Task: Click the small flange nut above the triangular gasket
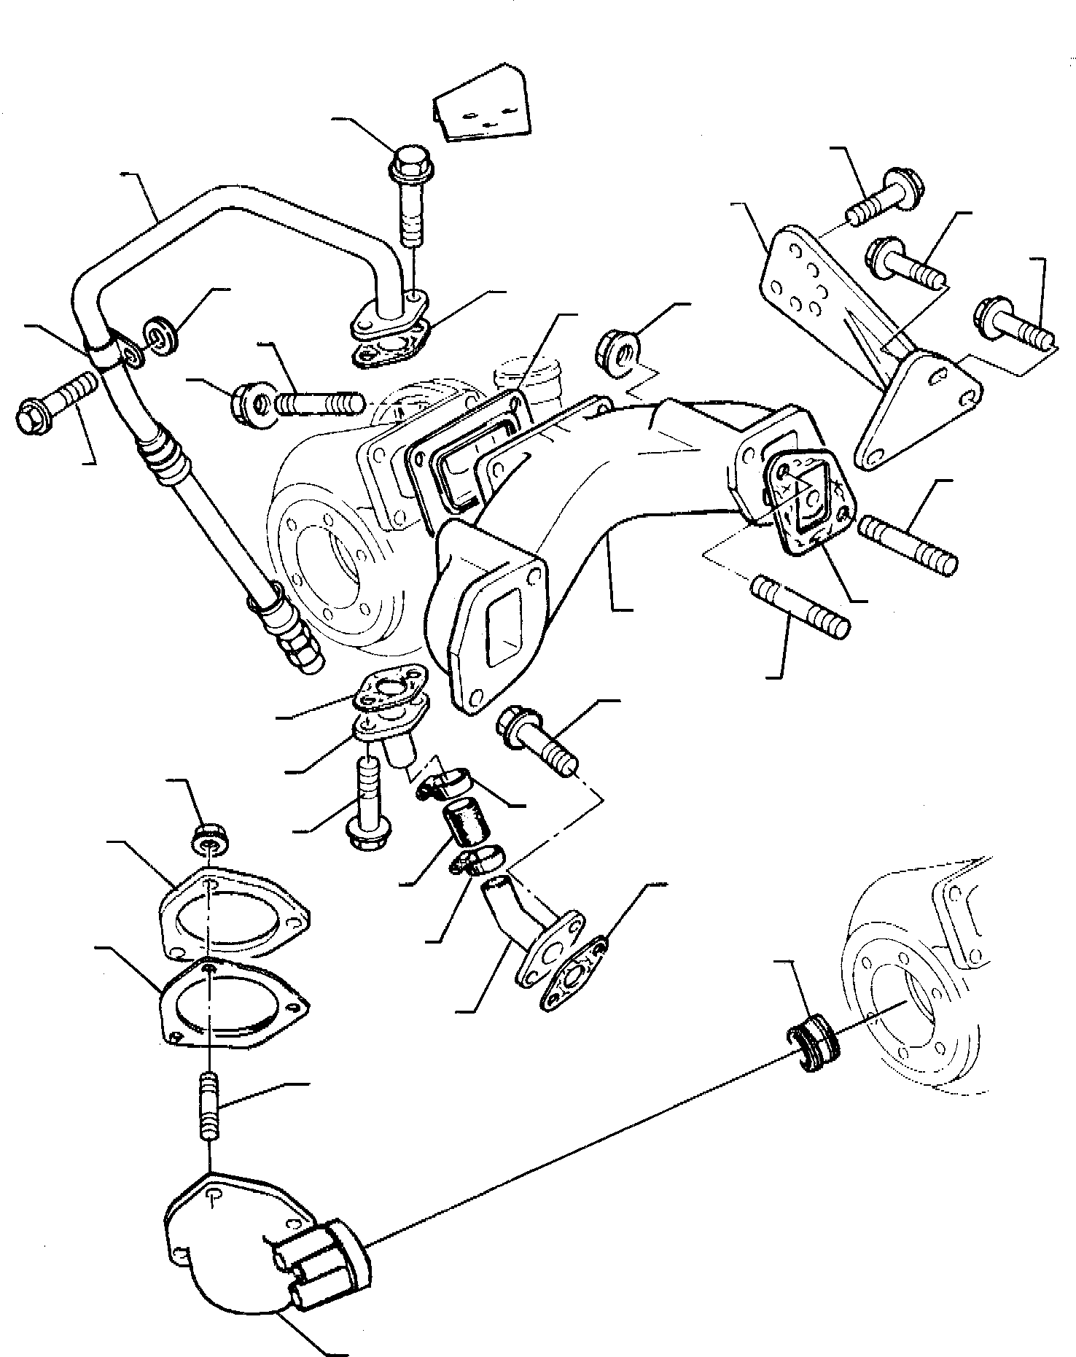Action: pos(208,840)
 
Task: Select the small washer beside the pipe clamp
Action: pos(160,335)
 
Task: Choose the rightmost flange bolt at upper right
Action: pos(1015,326)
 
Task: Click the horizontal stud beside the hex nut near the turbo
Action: pos(319,402)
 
